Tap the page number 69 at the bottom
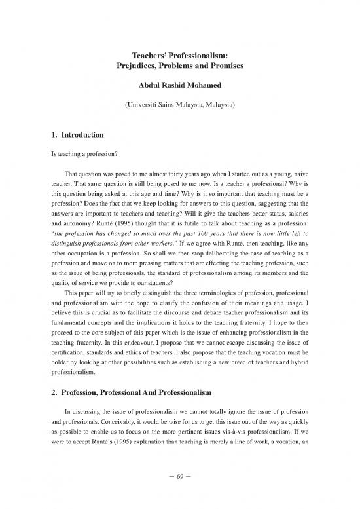[x=180, y=491]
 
